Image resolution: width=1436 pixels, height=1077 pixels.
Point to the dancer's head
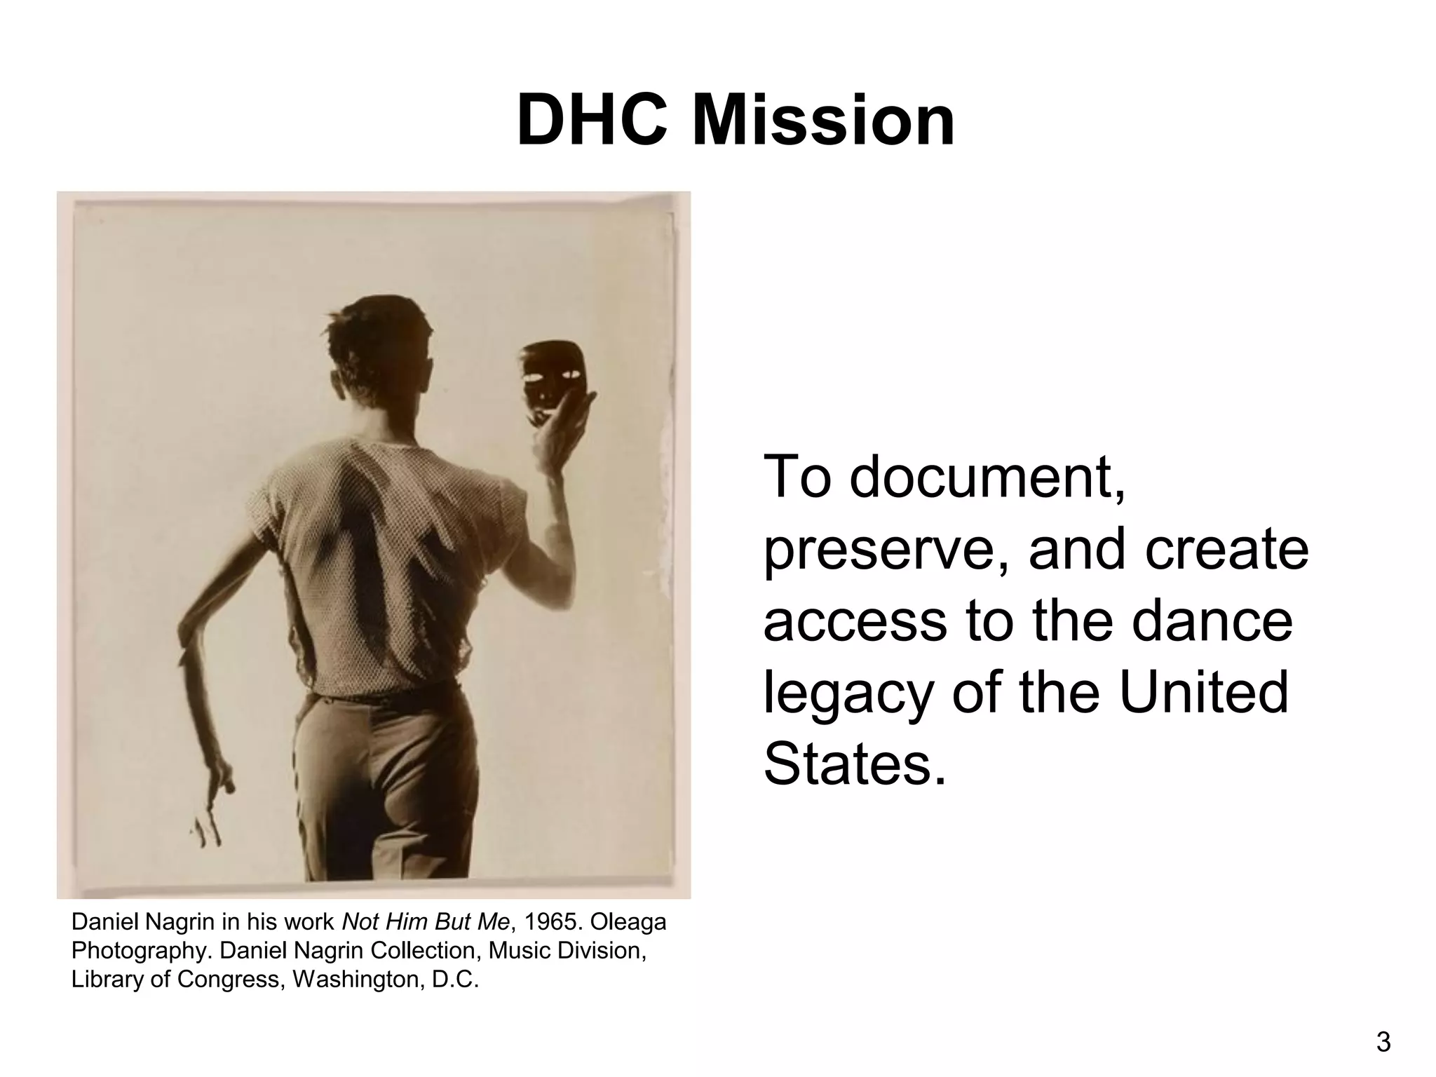coord(382,351)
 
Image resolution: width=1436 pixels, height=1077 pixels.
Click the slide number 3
coord(1383,1043)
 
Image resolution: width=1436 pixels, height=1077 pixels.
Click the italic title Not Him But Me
coord(425,922)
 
